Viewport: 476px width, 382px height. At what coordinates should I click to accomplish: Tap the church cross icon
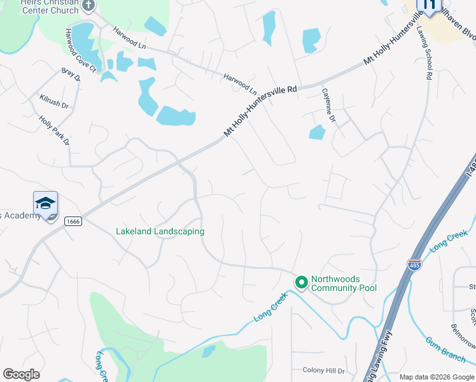[88, 6]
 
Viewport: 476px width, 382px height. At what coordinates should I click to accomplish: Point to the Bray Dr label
[71, 75]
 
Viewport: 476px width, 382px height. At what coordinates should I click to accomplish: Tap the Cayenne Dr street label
[328, 106]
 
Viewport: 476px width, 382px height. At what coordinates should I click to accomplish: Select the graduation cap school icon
[46, 204]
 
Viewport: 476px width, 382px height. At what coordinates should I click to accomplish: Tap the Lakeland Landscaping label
[160, 231]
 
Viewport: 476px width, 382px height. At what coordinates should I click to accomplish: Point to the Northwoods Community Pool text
[344, 284]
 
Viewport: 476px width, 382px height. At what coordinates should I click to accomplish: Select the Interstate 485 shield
[414, 264]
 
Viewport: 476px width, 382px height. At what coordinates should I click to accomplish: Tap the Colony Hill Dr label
[323, 371]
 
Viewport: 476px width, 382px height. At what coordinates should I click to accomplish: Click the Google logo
[21, 374]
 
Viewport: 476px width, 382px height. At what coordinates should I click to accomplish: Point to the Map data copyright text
[436, 377]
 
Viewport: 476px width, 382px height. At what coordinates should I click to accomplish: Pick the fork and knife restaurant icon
[429, 6]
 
